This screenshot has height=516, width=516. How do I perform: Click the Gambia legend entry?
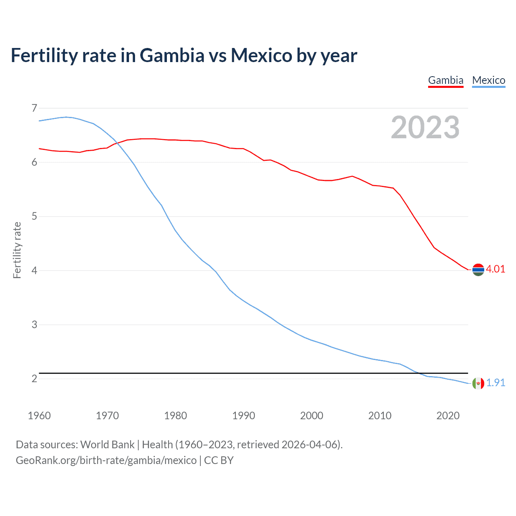pyautogui.click(x=445, y=80)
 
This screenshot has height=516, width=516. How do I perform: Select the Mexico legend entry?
pyautogui.click(x=489, y=80)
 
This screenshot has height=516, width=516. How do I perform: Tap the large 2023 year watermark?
pyautogui.click(x=425, y=127)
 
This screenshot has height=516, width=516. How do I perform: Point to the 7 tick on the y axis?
pyautogui.click(x=34, y=108)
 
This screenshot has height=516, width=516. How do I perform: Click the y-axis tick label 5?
pyautogui.click(x=34, y=216)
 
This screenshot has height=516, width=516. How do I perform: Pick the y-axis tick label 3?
pyautogui.click(x=34, y=325)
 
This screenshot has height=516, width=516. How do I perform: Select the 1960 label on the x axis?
pyautogui.click(x=39, y=416)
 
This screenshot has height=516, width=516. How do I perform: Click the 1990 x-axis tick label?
pyautogui.click(x=243, y=416)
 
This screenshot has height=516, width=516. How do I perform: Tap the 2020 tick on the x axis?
pyautogui.click(x=448, y=416)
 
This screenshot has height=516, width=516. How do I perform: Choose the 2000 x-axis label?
pyautogui.click(x=312, y=416)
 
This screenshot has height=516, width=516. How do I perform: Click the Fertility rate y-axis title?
pyautogui.click(x=17, y=250)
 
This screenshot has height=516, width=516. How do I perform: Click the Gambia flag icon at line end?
pyautogui.click(x=478, y=270)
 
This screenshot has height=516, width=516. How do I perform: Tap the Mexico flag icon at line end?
pyautogui.click(x=478, y=383)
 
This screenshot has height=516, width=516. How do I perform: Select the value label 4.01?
pyautogui.click(x=495, y=269)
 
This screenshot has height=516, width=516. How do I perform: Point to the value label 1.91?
pyautogui.click(x=495, y=383)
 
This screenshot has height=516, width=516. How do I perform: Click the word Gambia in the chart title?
pyautogui.click(x=172, y=56)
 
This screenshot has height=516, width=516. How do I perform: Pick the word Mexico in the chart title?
pyautogui.click(x=261, y=56)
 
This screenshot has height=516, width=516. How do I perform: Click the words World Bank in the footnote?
pyautogui.click(x=107, y=445)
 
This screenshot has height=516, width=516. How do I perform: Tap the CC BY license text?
pyautogui.click(x=219, y=460)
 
